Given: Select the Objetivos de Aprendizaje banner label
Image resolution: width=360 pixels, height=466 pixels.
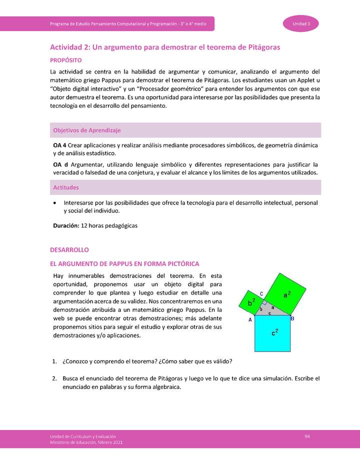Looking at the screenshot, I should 87,130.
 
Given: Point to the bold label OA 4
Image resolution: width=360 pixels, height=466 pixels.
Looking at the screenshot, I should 60,145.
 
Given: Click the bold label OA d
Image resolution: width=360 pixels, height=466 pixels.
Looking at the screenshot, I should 60,164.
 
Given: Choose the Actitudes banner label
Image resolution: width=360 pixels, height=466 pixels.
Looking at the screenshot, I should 66,187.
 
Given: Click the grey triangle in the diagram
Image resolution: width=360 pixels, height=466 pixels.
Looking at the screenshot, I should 272,310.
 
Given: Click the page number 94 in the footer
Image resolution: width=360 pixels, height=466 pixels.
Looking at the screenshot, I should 307,437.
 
